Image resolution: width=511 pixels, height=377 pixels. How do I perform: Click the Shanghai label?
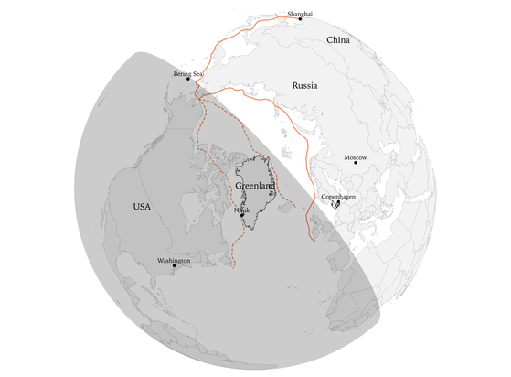(300, 15)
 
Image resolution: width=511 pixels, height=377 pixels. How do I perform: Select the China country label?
(338, 41)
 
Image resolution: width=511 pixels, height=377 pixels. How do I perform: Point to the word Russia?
(304, 85)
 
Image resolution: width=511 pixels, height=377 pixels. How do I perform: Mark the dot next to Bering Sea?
(188, 80)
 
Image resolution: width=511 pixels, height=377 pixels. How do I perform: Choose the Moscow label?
(356, 156)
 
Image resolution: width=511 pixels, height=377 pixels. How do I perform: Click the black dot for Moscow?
(356, 163)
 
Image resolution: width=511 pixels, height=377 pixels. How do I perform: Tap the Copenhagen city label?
(338, 197)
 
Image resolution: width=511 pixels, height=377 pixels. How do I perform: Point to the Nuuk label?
(241, 210)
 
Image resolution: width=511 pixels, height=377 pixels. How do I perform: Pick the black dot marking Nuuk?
(242, 216)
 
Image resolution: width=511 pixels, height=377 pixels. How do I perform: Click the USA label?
(141, 207)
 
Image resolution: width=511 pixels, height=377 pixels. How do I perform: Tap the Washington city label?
(174, 260)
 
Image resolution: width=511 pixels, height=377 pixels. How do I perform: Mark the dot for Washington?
(174, 266)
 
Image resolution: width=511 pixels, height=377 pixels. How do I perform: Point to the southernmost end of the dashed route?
(236, 267)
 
